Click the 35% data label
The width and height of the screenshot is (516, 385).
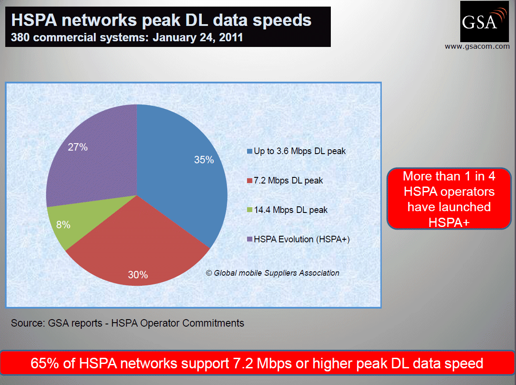[204, 160]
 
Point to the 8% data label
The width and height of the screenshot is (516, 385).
[63, 225]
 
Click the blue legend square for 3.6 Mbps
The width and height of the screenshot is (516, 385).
[250, 151]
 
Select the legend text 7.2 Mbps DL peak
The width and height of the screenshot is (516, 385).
[288, 180]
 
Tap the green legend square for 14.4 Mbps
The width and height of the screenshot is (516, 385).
[250, 210]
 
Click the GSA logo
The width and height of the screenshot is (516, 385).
[484, 22]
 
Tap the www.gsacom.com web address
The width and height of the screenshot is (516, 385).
[477, 47]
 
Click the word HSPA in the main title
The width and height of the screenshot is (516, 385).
[34, 20]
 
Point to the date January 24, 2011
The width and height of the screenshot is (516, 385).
[198, 38]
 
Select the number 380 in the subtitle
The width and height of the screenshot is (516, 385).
[20, 38]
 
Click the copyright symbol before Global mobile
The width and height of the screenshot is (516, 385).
[209, 273]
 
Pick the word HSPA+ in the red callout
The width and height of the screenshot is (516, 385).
[449, 223]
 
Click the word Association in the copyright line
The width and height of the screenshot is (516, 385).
[319, 273]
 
